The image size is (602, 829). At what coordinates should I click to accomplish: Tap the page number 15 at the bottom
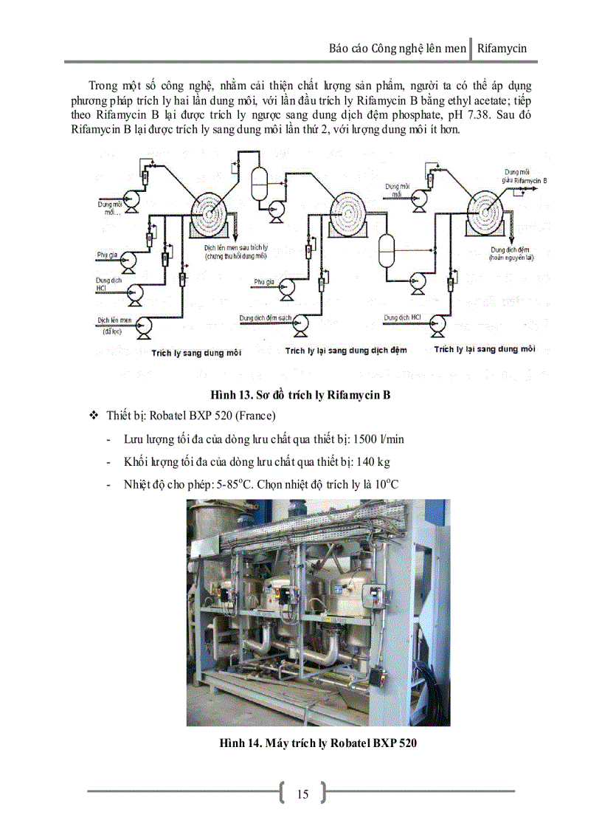[x=302, y=794]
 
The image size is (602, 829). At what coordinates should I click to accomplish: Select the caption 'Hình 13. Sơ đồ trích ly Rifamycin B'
[x=301, y=395]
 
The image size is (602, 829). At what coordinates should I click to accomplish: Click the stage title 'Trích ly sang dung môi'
[x=196, y=353]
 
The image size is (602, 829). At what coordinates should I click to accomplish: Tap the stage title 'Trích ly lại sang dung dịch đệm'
[x=346, y=351]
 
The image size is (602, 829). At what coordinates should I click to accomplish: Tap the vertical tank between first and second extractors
[x=260, y=179]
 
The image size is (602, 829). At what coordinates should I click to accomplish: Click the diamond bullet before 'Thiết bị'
[x=94, y=416]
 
